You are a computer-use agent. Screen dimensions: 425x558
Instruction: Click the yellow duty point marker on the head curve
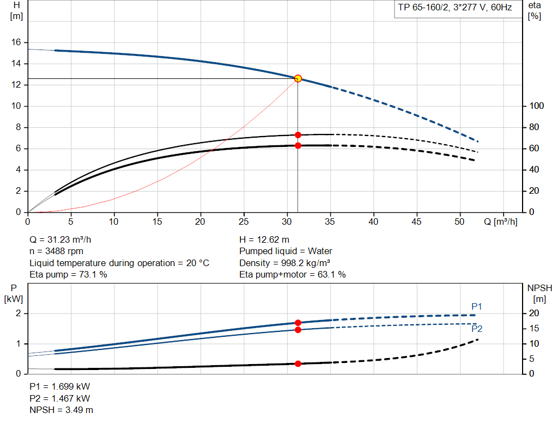298,78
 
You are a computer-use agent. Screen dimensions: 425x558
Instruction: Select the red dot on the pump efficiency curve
298,135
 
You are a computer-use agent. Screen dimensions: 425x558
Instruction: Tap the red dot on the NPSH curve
298,364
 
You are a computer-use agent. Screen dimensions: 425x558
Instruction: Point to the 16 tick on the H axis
16,42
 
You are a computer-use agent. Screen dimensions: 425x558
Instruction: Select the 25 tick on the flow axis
244,222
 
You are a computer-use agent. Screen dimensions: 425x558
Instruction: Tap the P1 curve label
477,307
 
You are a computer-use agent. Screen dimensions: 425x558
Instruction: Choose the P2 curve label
477,329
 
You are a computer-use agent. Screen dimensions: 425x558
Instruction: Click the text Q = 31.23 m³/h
64,239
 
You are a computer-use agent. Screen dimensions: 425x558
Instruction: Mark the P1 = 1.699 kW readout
60,386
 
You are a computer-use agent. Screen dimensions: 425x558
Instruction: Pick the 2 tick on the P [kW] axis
17,313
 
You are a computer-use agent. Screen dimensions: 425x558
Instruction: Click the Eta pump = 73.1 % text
68,275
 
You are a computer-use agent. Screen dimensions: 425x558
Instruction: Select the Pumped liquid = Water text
286,251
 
